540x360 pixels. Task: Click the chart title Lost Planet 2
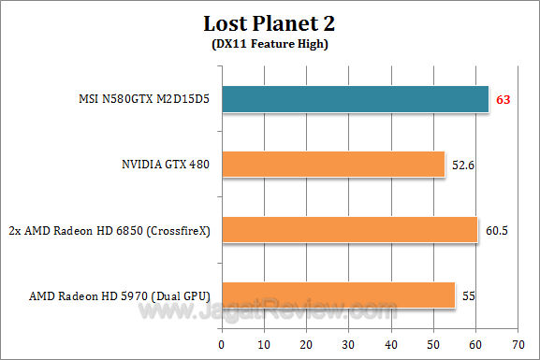[270, 22]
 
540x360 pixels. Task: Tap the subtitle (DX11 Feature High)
[270, 43]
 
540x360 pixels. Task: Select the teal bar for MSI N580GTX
[355, 99]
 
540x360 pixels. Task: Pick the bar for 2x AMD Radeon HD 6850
[349, 230]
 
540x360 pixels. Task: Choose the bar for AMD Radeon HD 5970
[338, 295]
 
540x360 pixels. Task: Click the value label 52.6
[463, 166]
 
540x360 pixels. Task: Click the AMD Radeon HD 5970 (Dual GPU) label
[119, 296]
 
